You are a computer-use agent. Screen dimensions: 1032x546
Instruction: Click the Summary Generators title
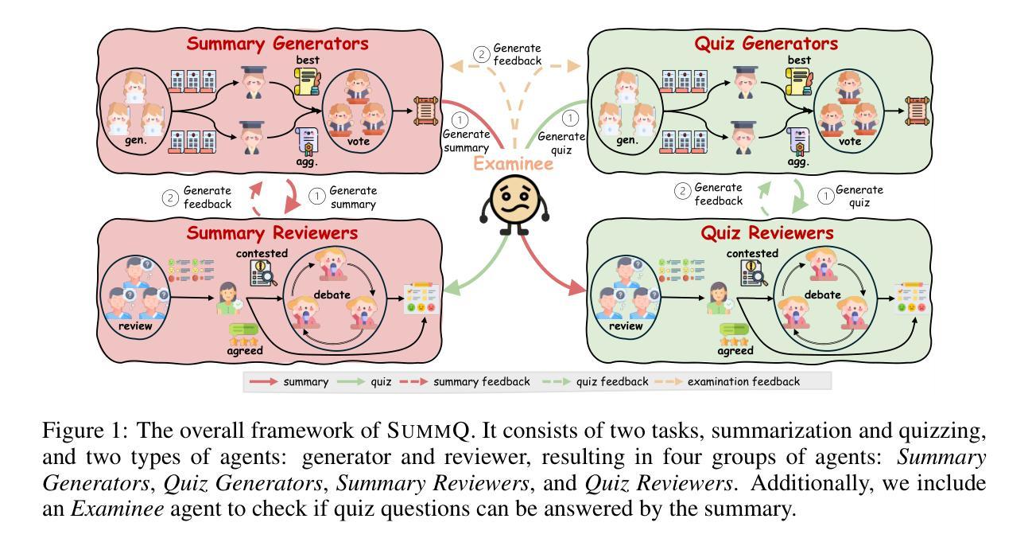(x=277, y=44)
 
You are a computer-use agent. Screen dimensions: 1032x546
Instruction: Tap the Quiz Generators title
(x=766, y=44)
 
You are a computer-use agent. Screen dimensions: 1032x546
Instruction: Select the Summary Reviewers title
(x=272, y=233)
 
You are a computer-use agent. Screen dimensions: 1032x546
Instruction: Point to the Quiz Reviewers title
(x=767, y=233)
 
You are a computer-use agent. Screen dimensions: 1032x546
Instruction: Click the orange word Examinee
(x=514, y=164)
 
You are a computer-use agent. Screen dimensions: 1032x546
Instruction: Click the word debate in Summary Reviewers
(x=332, y=294)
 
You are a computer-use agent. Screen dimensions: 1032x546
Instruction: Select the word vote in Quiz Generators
(x=850, y=142)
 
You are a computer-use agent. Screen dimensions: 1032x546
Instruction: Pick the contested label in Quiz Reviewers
(x=752, y=253)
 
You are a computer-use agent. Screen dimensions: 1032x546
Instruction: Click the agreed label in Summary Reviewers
(x=245, y=350)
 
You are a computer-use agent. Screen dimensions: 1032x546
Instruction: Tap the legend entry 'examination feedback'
(x=743, y=382)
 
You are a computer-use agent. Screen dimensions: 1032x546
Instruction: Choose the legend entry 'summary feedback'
(x=482, y=382)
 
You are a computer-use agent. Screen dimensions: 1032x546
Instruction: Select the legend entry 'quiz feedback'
(x=612, y=382)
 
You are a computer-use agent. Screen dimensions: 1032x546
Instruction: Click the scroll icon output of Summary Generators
(x=425, y=111)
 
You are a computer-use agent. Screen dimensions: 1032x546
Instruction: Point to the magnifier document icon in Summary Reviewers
(x=263, y=273)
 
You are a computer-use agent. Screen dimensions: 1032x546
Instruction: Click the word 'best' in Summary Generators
(x=308, y=60)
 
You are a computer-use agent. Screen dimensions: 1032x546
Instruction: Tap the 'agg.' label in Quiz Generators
(x=798, y=162)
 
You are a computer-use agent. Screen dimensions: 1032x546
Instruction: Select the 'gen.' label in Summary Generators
(x=136, y=140)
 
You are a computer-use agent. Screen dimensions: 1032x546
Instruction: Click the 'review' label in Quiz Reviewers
(x=626, y=326)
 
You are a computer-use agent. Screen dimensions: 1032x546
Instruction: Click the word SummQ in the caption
(x=428, y=431)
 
